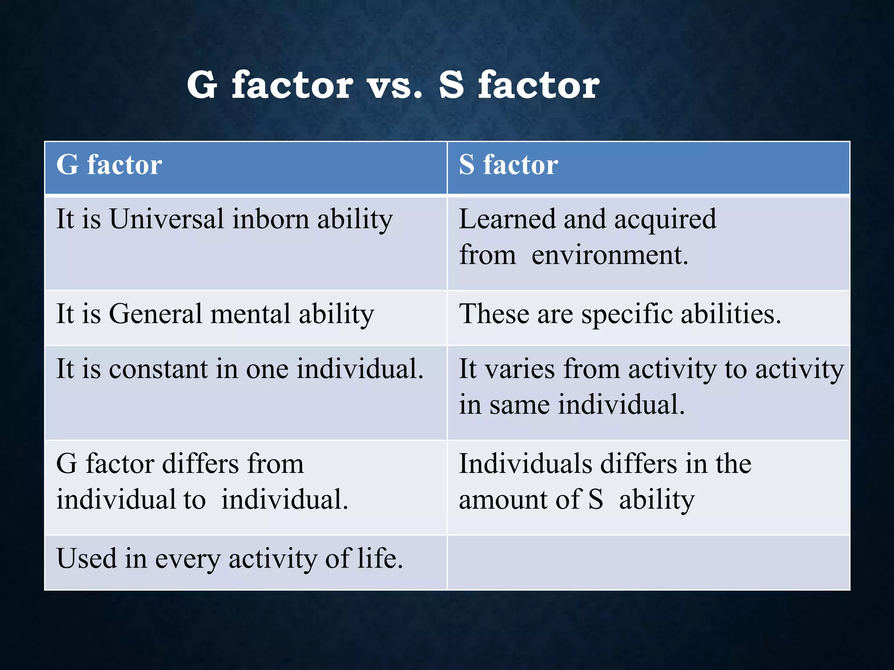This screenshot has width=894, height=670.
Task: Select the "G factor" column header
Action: (x=109, y=165)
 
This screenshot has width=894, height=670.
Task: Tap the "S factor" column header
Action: (x=509, y=165)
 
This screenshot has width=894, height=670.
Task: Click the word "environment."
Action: (x=610, y=255)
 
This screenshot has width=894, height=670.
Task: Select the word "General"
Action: (x=155, y=314)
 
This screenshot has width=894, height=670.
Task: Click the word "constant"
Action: (x=158, y=369)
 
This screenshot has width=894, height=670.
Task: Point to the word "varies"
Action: (x=520, y=369)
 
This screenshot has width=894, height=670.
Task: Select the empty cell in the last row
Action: (x=648, y=563)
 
